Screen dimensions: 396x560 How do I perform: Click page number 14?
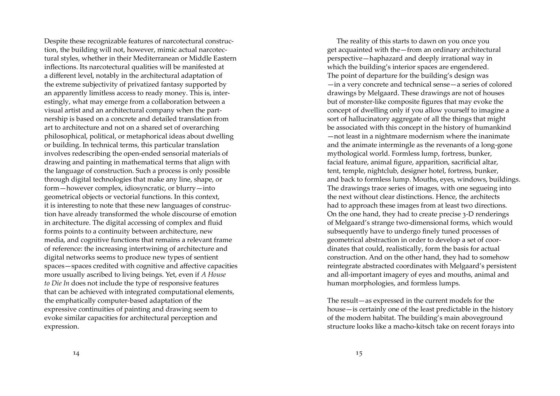[x=76, y=353]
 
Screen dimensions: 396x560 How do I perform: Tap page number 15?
[x=359, y=353]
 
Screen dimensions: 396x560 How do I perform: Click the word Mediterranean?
[x=157, y=59]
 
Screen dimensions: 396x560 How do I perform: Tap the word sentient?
[x=204, y=257]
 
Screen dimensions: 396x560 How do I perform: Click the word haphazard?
[x=387, y=59]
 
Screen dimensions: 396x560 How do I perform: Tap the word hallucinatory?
[x=365, y=119]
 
